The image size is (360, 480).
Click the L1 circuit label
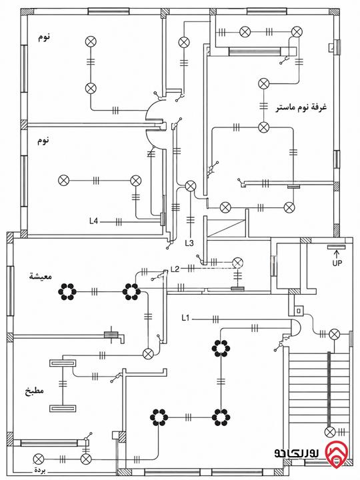[185, 319]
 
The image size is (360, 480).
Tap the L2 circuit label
[175, 269]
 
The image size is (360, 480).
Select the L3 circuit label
[189, 243]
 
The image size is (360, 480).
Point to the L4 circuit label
[93, 221]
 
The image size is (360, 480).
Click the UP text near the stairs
[337, 263]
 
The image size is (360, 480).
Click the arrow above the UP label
[337, 254]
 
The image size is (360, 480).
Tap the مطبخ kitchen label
[34, 391]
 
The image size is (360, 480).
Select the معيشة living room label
[41, 276]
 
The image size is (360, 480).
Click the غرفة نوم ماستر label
[302, 107]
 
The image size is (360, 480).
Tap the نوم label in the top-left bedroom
[44, 37]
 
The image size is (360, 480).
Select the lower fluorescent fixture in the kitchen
[63, 409]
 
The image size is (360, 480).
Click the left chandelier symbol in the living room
[67, 292]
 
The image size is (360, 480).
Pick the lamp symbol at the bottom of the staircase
[330, 432]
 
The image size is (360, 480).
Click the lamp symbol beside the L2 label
[237, 263]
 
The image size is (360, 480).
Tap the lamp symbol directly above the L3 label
[191, 186]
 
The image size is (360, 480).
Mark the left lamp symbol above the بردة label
[38, 459]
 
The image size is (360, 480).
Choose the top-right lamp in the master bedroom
[297, 32]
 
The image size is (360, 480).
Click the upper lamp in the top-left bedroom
[91, 41]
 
